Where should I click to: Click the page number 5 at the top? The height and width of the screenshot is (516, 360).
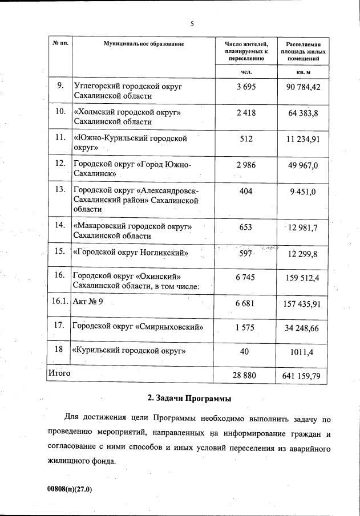(192, 23)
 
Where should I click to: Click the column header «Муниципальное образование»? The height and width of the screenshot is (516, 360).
(143, 44)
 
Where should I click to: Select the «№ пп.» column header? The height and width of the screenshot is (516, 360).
(60, 44)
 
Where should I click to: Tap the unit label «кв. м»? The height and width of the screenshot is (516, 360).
(303, 72)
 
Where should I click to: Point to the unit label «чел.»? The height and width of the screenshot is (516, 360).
(246, 72)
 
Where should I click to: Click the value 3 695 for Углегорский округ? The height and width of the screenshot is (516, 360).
(246, 87)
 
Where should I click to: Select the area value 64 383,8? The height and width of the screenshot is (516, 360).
(303, 113)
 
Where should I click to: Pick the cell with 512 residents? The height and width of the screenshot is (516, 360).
(246, 139)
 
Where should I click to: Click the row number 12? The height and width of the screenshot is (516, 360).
(60, 164)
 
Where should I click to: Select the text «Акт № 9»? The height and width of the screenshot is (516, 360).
(88, 302)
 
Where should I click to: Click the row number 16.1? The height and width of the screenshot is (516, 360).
(60, 302)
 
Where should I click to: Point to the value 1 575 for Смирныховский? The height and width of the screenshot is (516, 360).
(246, 327)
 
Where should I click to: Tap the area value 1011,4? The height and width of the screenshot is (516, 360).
(304, 352)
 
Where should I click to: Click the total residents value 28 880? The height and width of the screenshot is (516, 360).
(246, 376)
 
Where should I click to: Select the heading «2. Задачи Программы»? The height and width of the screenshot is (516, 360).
(189, 397)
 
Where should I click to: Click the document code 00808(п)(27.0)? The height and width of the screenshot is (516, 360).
(70, 489)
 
